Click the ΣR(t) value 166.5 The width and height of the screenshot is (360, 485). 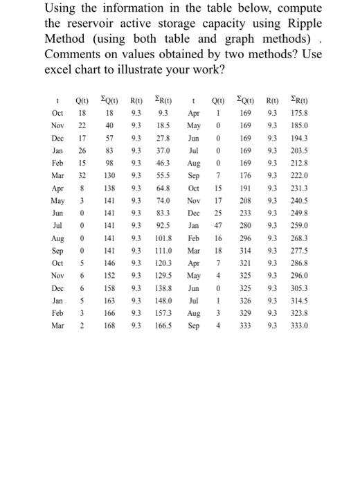click(163, 322)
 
